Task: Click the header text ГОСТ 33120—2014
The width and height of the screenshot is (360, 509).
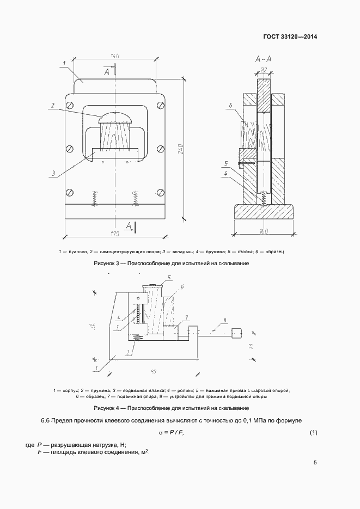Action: click(290, 37)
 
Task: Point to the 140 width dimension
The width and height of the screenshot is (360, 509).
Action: click(115, 57)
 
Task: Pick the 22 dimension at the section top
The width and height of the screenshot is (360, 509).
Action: click(264, 70)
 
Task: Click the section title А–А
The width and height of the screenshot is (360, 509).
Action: click(264, 59)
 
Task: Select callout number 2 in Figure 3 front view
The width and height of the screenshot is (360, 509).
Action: click(53, 105)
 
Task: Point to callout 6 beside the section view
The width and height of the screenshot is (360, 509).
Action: click(231, 105)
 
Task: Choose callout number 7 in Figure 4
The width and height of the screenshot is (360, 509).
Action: click(186, 317)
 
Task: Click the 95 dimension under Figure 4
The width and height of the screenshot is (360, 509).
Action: click(154, 372)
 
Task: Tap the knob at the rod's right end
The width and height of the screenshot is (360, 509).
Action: click(237, 333)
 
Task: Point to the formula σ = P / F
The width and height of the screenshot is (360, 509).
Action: click(170, 433)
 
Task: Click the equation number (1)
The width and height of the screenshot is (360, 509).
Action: click(313, 433)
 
